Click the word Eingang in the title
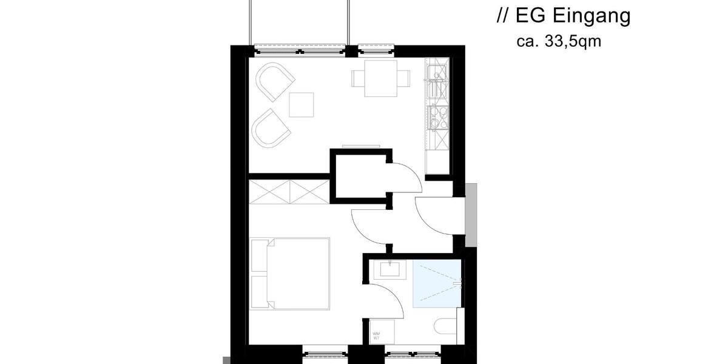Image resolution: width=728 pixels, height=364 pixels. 591,17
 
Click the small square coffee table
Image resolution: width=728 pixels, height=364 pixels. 302,104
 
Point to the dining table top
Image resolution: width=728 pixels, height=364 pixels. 380,78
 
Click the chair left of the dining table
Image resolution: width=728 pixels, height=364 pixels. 357,78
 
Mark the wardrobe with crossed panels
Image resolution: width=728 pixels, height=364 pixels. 289,192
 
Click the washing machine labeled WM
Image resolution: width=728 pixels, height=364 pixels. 382,332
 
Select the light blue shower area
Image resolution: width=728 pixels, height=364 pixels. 436,283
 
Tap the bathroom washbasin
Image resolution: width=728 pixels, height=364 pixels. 387,269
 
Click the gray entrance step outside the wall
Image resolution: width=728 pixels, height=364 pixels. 471,215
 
